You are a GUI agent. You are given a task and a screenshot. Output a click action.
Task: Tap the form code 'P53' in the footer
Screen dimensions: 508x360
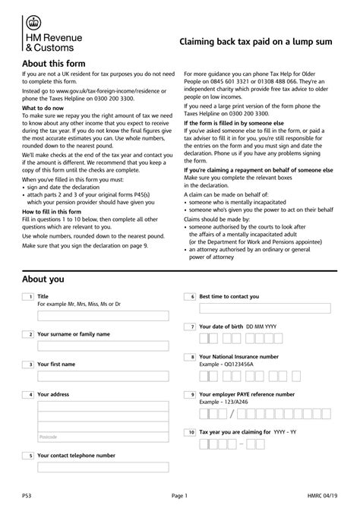point(27,495)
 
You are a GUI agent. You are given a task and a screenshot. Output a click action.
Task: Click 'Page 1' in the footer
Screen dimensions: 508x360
point(179,495)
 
